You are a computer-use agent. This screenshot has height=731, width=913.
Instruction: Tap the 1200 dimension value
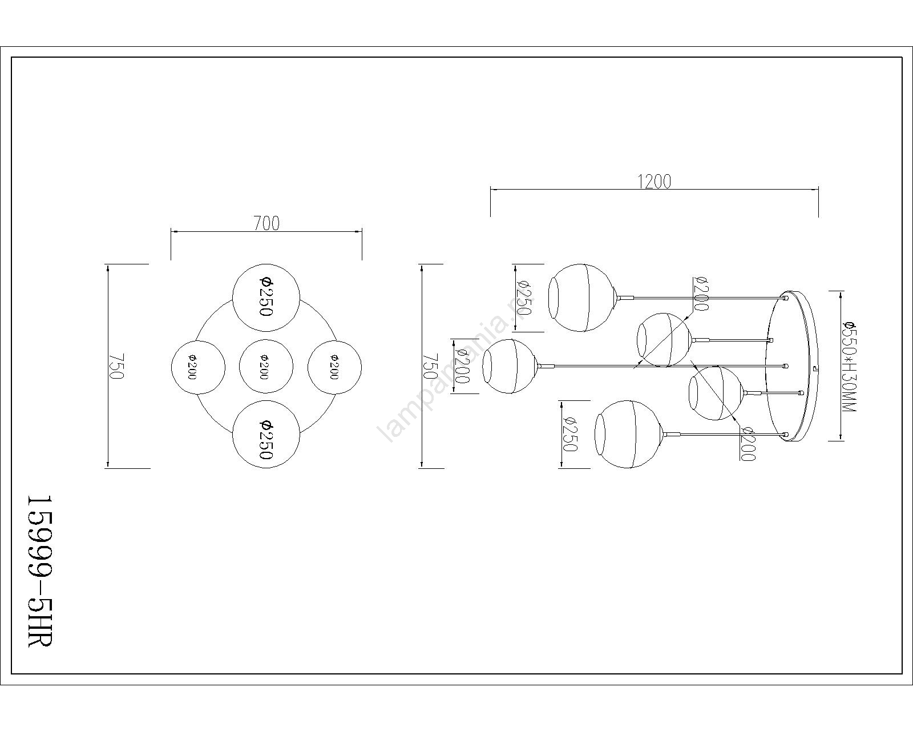coord(655,182)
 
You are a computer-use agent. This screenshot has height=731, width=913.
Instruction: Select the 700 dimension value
coord(267,223)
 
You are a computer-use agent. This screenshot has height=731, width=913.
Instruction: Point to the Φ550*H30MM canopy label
coord(850,366)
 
